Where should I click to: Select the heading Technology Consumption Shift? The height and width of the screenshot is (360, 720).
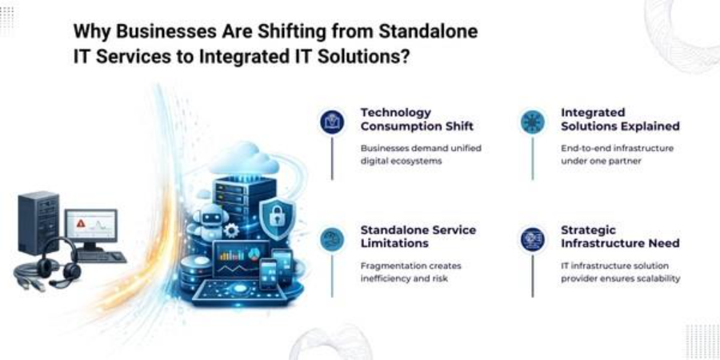pos(417,119)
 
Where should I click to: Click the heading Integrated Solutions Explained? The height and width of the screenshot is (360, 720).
pos(620,119)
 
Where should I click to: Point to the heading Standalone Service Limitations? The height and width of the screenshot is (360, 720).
pos(418,236)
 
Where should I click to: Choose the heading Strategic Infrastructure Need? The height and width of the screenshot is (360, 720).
pos(620,236)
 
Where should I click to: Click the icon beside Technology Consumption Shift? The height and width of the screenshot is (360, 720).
pos(332,122)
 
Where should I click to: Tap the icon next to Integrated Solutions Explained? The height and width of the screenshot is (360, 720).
pos(533,122)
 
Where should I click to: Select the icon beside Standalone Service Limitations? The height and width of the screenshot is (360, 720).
pos(332,239)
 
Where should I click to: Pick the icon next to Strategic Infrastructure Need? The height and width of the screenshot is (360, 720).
pos(533,239)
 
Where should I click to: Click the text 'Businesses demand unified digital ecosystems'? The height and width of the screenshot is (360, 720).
pos(421,154)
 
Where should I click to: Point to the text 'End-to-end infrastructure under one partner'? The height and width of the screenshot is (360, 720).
pos(617,154)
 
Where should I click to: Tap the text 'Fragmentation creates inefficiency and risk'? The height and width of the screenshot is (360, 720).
pos(410,272)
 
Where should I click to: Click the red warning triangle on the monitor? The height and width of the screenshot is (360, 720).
pos(82,224)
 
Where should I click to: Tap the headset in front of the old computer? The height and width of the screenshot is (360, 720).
pos(57,263)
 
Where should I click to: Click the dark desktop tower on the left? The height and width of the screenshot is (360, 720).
pos(38,223)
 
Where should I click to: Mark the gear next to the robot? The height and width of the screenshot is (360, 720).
pos(231,230)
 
